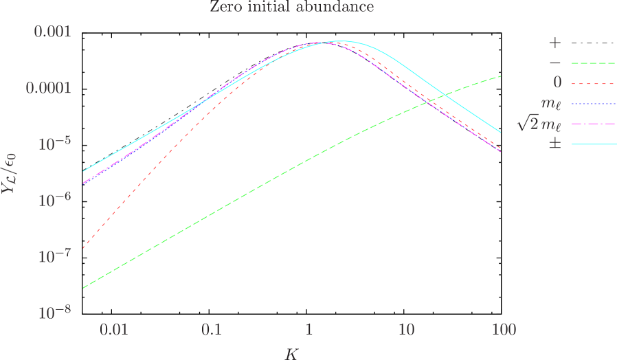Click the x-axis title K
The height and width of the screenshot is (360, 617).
point(293,353)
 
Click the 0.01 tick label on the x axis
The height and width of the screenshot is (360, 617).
point(114,330)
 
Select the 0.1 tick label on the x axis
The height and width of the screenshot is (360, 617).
point(212,330)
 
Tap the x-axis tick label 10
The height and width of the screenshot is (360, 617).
point(406,330)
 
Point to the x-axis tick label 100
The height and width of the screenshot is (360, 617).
point(504,330)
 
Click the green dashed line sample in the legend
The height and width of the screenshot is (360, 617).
point(593,63)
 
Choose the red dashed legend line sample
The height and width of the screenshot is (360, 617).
point(593,83)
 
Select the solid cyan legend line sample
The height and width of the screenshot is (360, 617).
point(593,145)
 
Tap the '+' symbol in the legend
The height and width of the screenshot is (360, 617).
point(555,43)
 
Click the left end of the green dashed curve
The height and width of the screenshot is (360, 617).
point(84,287)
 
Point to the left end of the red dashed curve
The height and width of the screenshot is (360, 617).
point(84,247)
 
